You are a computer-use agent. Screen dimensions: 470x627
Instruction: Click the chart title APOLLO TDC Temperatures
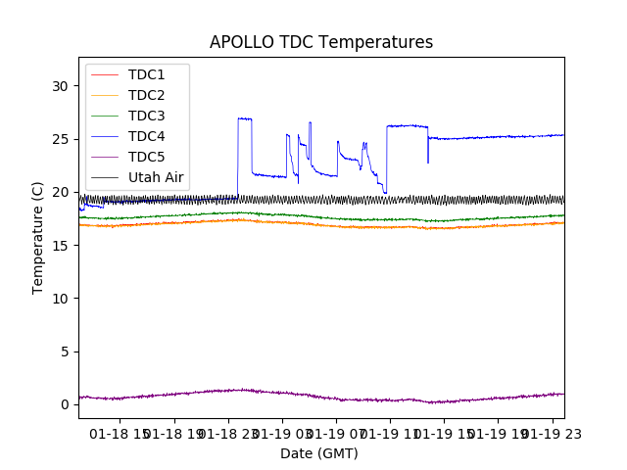click(x=321, y=42)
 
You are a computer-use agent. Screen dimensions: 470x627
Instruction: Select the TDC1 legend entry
click(x=146, y=74)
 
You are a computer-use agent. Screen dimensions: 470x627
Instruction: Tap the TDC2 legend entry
click(x=146, y=95)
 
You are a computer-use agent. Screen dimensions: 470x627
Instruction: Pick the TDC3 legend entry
click(x=146, y=116)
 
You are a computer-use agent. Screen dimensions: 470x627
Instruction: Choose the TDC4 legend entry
click(x=146, y=136)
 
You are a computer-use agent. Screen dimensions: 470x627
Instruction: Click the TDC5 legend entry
click(x=146, y=157)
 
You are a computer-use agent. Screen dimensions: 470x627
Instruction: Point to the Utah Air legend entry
click(x=156, y=178)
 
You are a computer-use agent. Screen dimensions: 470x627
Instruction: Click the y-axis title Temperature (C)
click(x=38, y=238)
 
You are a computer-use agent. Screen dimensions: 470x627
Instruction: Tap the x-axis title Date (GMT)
click(x=319, y=453)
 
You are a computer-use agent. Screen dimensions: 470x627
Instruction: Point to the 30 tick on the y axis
click(x=61, y=86)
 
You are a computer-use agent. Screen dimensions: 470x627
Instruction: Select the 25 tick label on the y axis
click(x=61, y=139)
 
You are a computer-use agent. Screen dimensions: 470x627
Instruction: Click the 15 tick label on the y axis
click(x=61, y=245)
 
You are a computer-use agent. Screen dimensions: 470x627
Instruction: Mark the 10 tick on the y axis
click(x=61, y=298)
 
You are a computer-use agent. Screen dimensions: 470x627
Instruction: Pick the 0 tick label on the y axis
click(x=65, y=404)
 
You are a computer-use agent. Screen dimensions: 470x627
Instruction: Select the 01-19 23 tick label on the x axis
click(x=551, y=433)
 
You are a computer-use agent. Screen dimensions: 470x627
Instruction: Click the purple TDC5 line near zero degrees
click(x=294, y=394)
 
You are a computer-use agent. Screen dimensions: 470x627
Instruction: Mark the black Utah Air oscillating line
click(x=323, y=200)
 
